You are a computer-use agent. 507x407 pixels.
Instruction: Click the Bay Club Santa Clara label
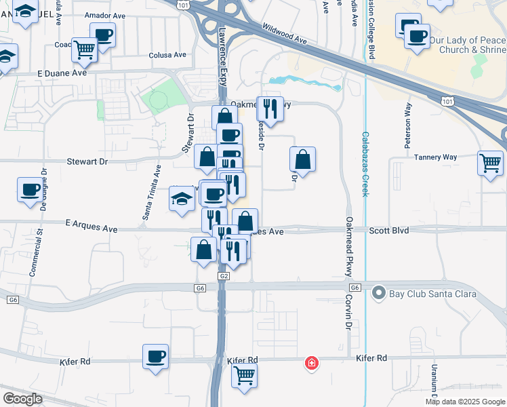[x=432, y=294]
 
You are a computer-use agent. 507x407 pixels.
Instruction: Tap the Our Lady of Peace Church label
[x=467, y=45]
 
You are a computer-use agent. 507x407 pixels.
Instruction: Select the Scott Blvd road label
[x=389, y=231]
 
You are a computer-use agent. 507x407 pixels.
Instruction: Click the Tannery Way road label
[x=435, y=157]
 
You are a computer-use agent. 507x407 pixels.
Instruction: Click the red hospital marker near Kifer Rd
[x=311, y=363]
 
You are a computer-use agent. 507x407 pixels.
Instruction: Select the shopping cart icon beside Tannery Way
[x=490, y=163]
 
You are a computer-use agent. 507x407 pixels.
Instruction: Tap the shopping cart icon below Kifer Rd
[x=244, y=374]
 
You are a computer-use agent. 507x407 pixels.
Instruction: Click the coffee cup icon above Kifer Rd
[x=156, y=356]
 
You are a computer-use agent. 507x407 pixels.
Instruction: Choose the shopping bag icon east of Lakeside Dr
[x=302, y=159]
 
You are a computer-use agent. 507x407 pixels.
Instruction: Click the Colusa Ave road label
[x=167, y=55]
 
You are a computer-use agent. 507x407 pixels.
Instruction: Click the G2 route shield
[x=223, y=276]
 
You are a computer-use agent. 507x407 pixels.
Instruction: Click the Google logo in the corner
[x=22, y=398]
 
